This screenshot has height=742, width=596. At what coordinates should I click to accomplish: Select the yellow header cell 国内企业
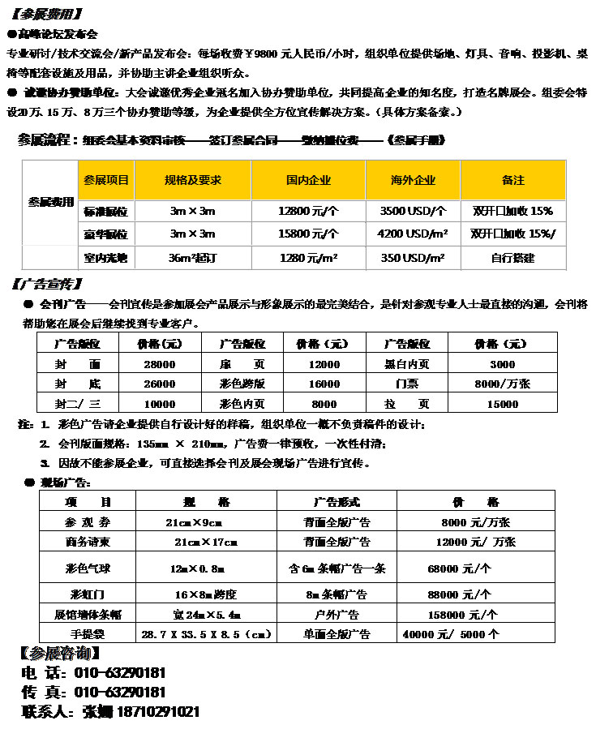coord(308,180)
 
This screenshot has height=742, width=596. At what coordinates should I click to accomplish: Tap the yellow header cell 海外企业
coord(413,180)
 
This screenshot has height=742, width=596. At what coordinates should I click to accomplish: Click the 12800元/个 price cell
coord(308,211)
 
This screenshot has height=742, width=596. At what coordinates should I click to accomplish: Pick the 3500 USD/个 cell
coord(413,211)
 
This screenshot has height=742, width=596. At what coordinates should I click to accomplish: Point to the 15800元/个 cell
coord(308,234)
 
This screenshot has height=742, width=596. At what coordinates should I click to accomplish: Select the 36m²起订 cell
coord(192,258)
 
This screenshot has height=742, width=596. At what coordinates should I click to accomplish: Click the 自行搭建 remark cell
coord(513,258)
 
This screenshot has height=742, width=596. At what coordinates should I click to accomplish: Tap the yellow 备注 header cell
coord(513,180)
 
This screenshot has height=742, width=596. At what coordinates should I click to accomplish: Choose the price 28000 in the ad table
coord(159,364)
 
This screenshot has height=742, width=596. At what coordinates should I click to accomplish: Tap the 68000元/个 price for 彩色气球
coord(460,568)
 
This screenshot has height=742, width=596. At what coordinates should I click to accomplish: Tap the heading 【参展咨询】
coord(60,654)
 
